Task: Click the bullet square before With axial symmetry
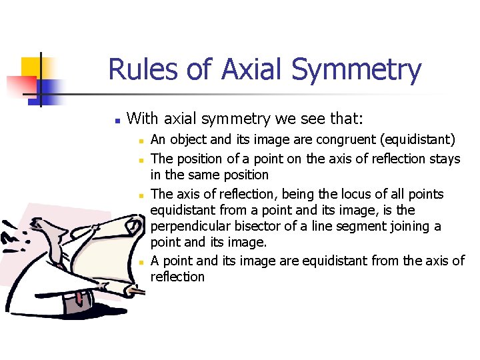[117, 121]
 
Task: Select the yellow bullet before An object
[141, 141]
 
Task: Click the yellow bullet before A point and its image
[141, 261]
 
